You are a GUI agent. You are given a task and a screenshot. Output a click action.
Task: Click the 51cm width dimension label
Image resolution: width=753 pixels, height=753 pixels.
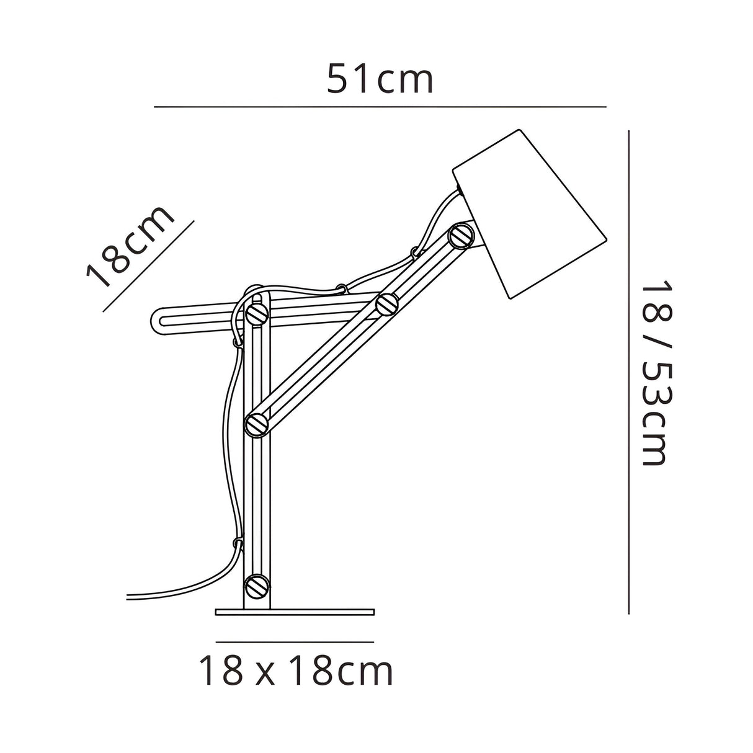point(380,79)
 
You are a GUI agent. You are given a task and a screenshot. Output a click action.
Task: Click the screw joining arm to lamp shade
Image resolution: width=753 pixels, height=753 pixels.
point(460,235)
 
